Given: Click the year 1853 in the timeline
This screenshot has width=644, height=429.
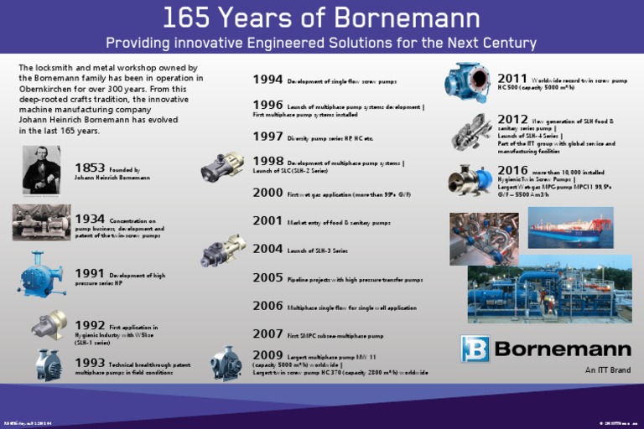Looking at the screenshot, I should click(90, 168).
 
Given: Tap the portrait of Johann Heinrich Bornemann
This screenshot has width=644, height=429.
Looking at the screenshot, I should click(41, 170).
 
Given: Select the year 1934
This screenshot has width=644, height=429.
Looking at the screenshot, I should click(90, 219).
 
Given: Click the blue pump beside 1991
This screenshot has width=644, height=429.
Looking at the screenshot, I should click(41, 273).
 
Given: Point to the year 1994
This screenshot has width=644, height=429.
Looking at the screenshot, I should click(267, 80).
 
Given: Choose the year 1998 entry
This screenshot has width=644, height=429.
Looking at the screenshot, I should click(267, 161).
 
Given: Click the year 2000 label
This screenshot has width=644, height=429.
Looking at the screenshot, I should click(267, 193).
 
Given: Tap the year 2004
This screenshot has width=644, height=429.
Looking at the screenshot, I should click(267, 249).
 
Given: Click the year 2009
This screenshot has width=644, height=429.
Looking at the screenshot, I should click(267, 355).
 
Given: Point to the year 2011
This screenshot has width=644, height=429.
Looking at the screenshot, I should click(512, 79).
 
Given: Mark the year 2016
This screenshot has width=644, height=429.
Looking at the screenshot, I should click(512, 170).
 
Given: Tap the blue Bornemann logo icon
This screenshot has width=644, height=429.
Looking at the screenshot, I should click(475, 349).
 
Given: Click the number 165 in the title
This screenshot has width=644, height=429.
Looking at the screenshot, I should click(185, 18).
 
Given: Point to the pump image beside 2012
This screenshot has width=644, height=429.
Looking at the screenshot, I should click(471, 132).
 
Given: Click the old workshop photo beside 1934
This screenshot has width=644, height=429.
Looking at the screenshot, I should click(41, 222).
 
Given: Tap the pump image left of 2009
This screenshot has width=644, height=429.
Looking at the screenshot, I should click(226, 363).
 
